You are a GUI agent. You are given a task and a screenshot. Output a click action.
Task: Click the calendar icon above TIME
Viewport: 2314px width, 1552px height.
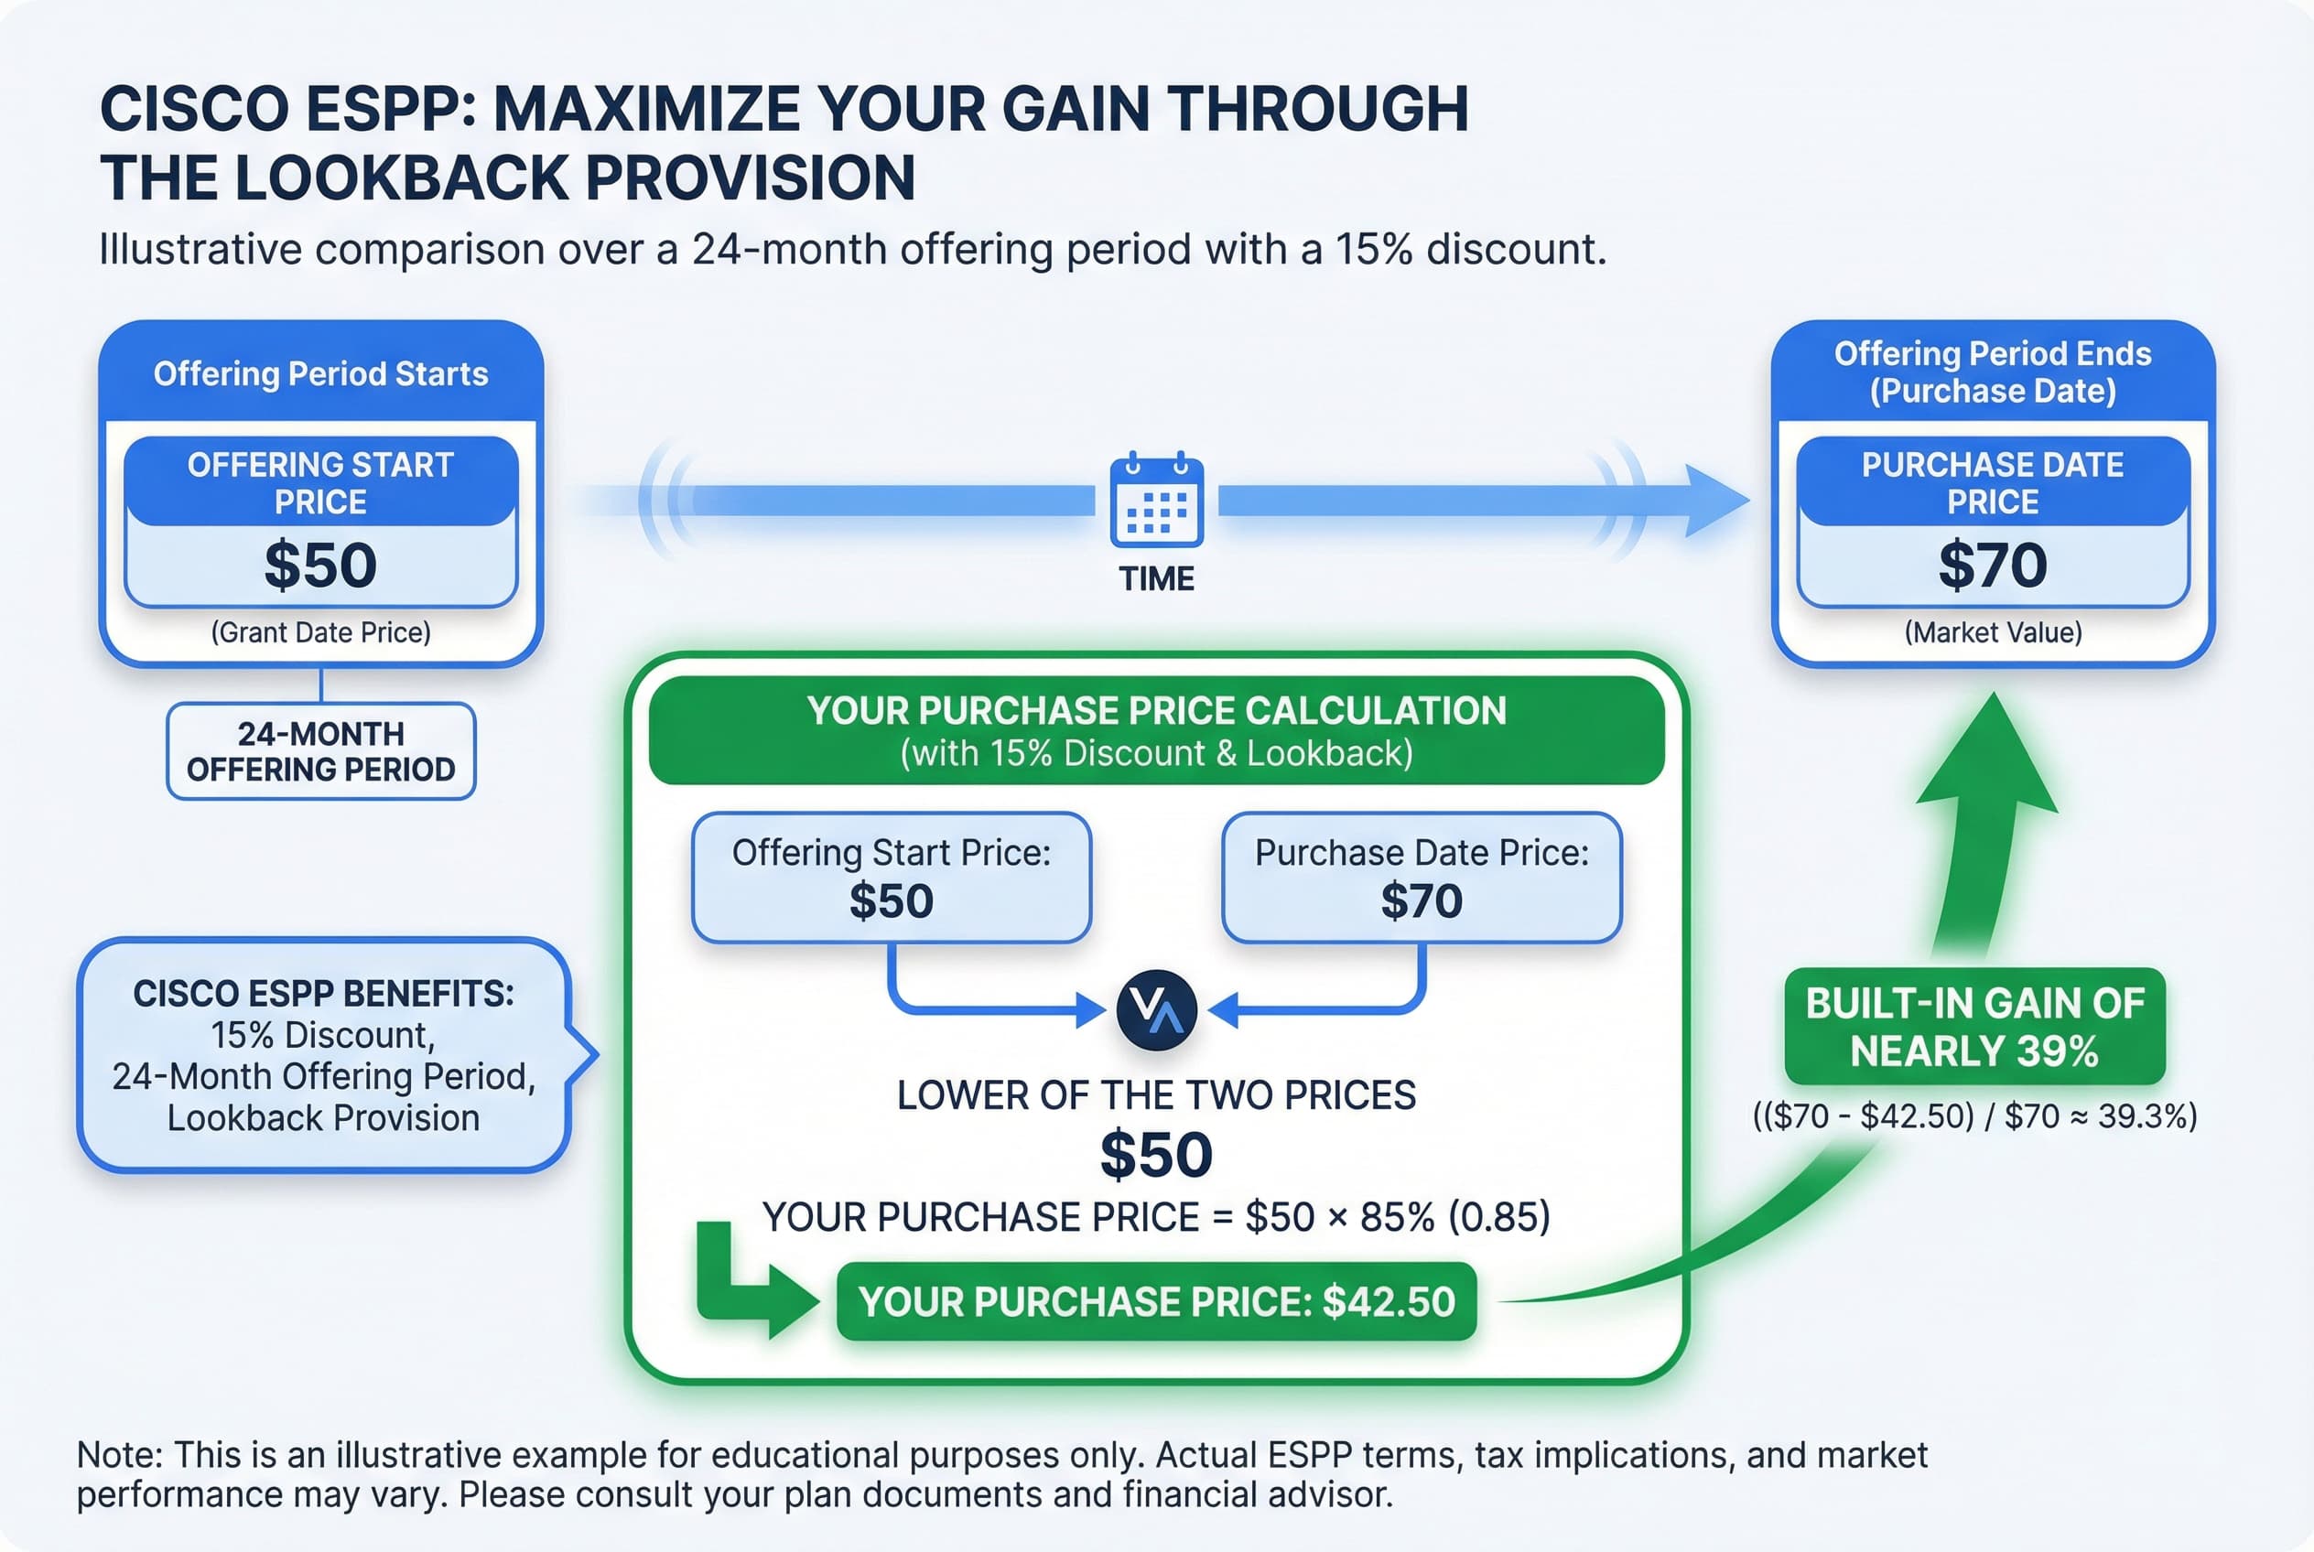1155,501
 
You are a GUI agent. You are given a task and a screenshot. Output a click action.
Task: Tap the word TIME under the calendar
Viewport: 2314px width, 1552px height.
1155,578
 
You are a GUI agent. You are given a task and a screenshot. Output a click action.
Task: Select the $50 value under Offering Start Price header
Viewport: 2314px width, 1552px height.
319,566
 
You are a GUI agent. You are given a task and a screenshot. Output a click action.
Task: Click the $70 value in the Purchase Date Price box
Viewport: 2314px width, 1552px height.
1991,566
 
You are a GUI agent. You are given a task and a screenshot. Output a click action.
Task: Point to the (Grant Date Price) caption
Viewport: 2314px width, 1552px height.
319,632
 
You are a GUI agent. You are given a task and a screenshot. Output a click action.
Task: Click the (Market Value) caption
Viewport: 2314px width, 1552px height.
1992,632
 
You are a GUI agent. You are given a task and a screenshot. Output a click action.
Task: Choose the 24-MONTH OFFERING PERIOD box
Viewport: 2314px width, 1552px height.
320,751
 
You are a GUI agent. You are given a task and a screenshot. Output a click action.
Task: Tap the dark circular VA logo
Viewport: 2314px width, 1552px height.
1155,1009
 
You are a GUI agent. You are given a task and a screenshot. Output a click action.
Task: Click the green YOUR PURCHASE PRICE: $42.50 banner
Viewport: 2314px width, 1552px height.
1155,1301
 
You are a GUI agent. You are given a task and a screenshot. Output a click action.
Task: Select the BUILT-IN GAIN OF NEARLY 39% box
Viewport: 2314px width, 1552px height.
1974,1027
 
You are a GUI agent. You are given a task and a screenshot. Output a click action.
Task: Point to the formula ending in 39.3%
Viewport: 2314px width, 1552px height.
1974,1116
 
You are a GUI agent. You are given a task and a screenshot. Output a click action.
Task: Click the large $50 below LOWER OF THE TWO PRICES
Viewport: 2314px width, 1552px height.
1155,1154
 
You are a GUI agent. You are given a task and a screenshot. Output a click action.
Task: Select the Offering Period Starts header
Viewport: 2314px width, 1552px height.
319,374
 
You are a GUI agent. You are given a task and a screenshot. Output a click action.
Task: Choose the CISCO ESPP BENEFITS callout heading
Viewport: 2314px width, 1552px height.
323,994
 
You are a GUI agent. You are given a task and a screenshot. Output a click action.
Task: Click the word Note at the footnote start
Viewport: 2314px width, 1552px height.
117,1455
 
